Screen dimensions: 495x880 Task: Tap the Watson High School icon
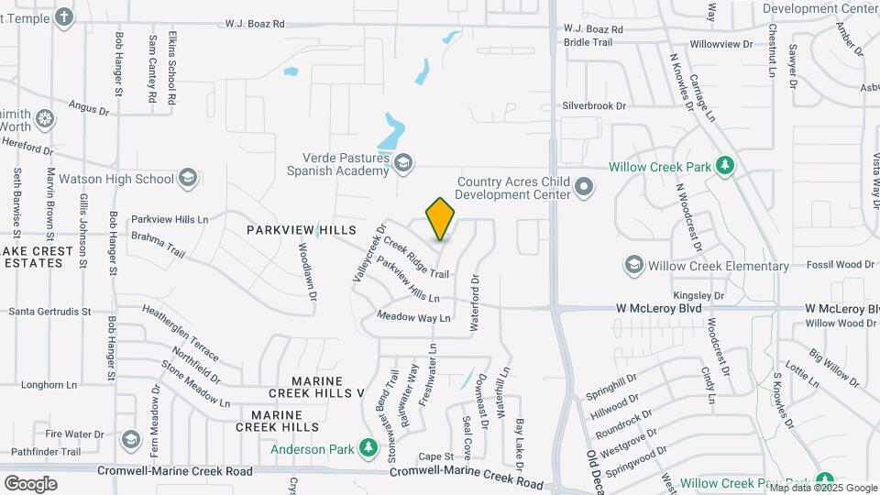point(188,178)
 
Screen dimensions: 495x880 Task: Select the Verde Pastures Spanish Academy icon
point(401,163)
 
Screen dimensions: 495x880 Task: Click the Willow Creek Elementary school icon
point(633,266)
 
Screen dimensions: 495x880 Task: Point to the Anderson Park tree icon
point(368,448)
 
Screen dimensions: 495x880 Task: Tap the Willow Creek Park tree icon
point(725,166)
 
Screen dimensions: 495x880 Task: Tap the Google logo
point(30,484)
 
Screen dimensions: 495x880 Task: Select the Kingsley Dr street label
point(699,295)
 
